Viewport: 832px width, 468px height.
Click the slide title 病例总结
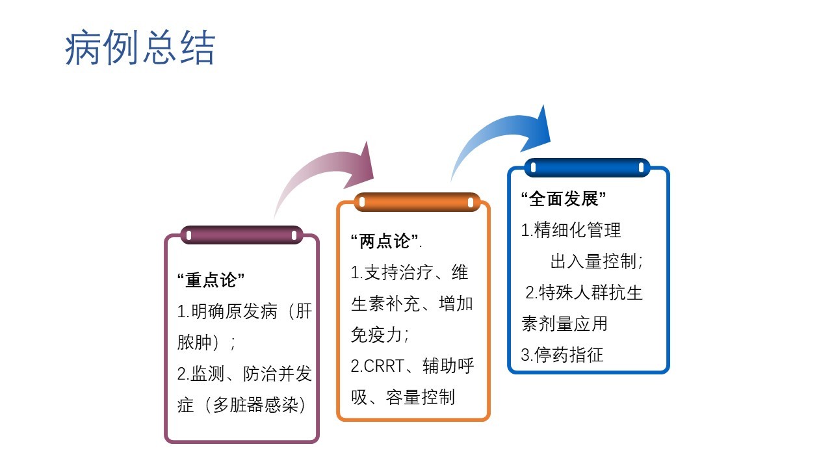tap(140, 47)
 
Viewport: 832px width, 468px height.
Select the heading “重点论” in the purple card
tap(211, 280)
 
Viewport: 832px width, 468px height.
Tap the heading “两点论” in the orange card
tap(385, 241)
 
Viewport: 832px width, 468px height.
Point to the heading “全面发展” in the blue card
tap(563, 199)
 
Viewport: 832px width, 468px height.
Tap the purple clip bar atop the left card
tap(242, 235)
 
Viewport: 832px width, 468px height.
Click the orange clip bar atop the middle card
tap(417, 202)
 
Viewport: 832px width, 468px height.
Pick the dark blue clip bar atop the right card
tap(587, 168)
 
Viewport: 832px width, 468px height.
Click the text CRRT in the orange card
tap(384, 366)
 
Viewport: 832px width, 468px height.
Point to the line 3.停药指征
tap(562, 355)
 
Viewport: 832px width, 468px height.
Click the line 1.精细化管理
tap(571, 230)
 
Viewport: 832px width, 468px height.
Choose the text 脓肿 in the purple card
tap(194, 342)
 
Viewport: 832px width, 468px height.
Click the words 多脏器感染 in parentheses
tap(255, 404)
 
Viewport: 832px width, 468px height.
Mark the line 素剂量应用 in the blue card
tap(564, 324)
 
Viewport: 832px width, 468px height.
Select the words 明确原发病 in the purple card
tap(235, 311)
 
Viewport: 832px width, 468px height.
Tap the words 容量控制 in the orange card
tap(420, 397)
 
